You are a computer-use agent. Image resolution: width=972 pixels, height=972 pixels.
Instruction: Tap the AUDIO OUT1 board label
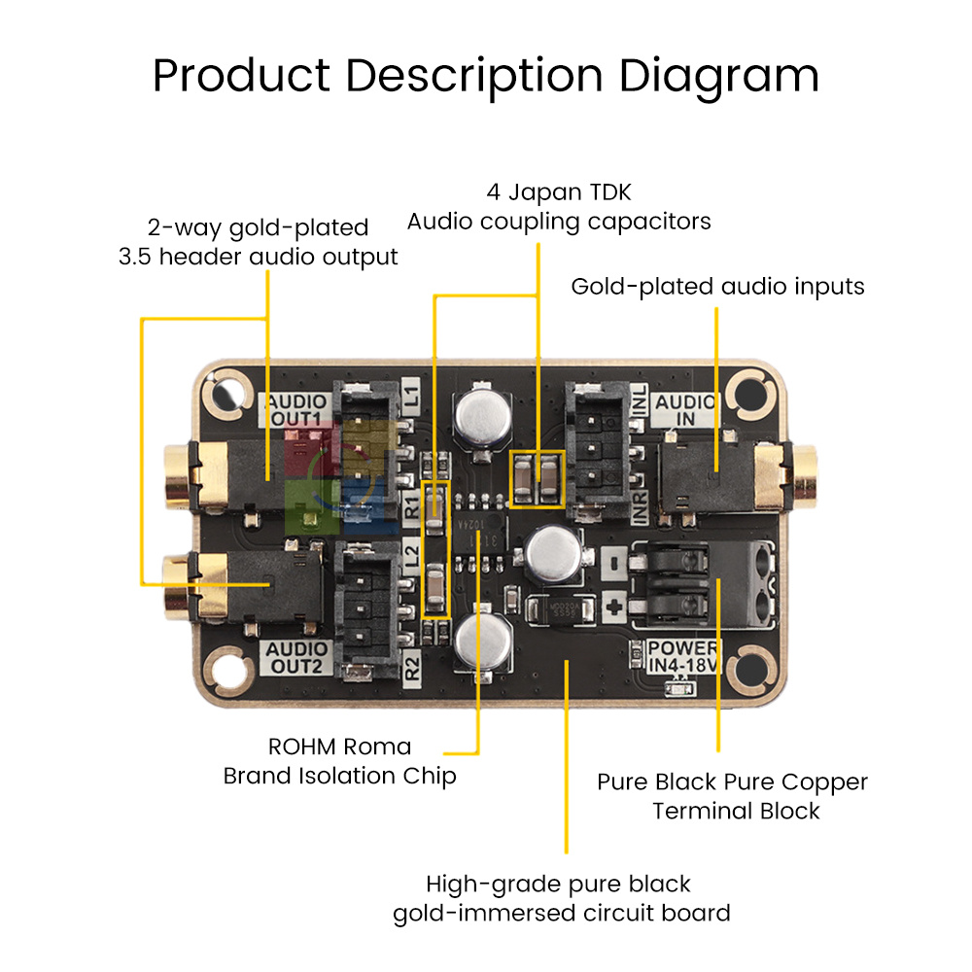(297, 409)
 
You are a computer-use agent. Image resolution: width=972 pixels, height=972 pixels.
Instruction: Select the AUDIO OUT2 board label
(297, 658)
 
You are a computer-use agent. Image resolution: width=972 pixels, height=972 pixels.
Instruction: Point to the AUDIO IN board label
(686, 410)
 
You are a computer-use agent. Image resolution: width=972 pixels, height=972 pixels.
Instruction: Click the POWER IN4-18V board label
(684, 656)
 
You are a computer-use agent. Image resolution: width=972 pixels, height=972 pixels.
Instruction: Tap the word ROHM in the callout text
(301, 746)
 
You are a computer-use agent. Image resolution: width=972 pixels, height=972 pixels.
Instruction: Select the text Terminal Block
(736, 811)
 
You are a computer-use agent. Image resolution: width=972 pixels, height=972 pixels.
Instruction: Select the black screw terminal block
(700, 585)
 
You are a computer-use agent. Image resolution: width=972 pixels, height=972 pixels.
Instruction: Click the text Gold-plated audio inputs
(717, 287)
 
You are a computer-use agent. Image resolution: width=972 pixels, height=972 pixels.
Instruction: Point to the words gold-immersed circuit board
(561, 914)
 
